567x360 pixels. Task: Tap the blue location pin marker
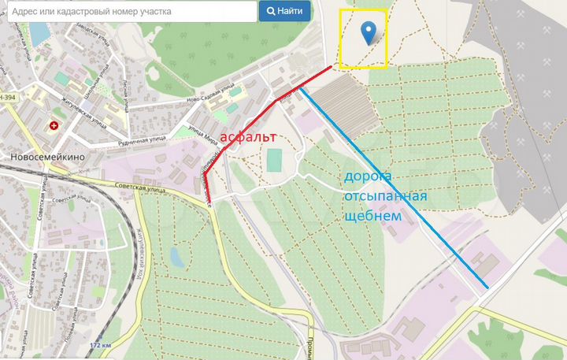pos(367,33)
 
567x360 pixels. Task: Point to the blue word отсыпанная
pos(385,195)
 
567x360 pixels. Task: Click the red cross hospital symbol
pos(54,125)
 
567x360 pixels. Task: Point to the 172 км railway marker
pos(99,345)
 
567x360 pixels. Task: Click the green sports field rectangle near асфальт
pos(274,160)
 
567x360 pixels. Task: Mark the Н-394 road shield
pos(9,96)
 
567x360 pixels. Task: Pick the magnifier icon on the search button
pos(271,12)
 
